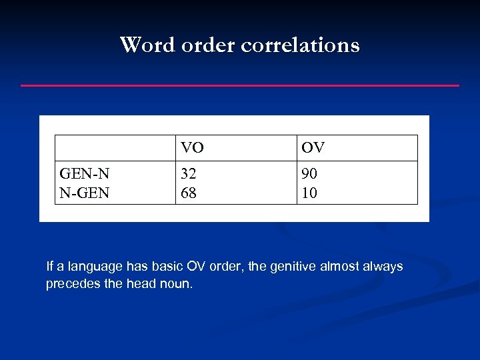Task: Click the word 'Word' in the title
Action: pyautogui.click(x=141, y=45)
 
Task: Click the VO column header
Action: pyautogui.click(x=192, y=147)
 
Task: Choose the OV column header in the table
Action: pyautogui.click(x=313, y=147)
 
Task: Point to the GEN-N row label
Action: pyautogui.click(x=85, y=174)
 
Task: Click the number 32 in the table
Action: pyautogui.click(x=189, y=174)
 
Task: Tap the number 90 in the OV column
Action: pyautogui.click(x=309, y=174)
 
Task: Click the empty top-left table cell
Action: pyautogui.click(x=115, y=147)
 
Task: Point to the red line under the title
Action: pyautogui.click(x=240, y=85)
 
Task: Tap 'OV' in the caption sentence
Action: pyautogui.click(x=193, y=267)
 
